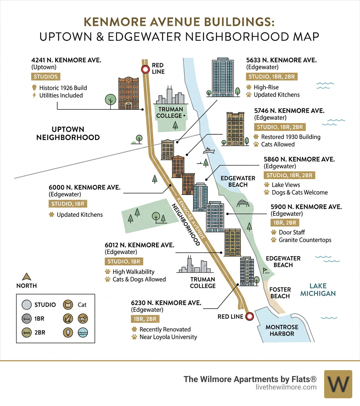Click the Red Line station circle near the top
[145, 69]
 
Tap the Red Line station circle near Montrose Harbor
[250, 316]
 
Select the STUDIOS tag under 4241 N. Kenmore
[46, 77]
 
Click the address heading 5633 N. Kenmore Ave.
[281, 61]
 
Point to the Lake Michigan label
[318, 290]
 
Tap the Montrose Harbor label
[282, 330]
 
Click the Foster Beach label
[280, 293]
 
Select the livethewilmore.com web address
[286, 387]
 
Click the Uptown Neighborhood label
[68, 133]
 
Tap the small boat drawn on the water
[208, 151]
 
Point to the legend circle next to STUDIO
[27, 305]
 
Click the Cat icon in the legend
[67, 305]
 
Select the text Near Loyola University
[168, 337]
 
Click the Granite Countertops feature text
[305, 240]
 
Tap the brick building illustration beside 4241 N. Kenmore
[129, 93]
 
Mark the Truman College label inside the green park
[170, 112]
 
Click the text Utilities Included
[61, 95]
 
